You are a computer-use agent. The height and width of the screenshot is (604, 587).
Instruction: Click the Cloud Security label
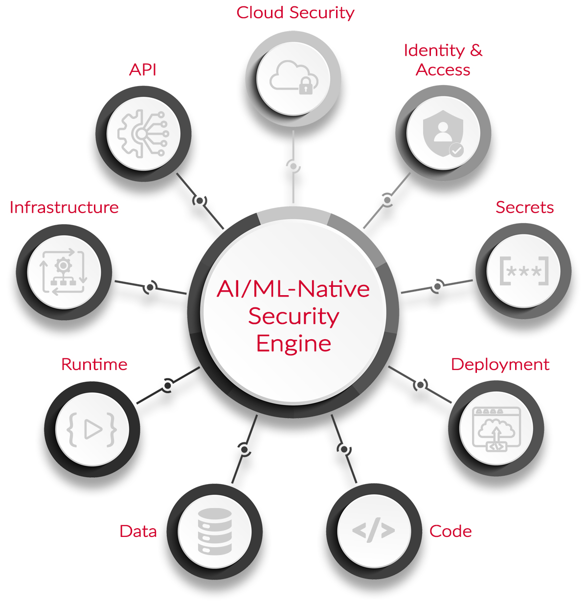click(x=295, y=13)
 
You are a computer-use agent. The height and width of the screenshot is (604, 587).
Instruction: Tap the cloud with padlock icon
click(x=293, y=77)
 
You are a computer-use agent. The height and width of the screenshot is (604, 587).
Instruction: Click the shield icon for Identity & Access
click(x=443, y=133)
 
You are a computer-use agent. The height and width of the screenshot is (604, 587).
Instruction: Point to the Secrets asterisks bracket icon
click(x=523, y=271)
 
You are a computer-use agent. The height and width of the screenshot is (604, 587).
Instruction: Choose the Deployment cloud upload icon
click(x=496, y=429)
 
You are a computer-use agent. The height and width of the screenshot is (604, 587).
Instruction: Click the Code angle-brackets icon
click(x=374, y=531)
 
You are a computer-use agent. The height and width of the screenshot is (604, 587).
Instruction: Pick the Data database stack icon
click(x=215, y=531)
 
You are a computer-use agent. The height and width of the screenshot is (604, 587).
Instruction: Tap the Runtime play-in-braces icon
click(x=92, y=429)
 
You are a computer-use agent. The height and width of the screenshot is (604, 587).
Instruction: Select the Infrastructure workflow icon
click(x=64, y=272)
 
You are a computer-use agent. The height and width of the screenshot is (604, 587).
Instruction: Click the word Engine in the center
click(x=293, y=344)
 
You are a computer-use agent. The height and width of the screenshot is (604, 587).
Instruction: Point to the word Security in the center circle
click(x=293, y=316)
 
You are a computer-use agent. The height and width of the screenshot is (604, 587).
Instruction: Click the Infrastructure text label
click(x=64, y=208)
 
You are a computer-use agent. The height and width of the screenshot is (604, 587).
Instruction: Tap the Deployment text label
click(x=500, y=365)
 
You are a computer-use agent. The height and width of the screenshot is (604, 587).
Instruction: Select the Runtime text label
click(x=94, y=365)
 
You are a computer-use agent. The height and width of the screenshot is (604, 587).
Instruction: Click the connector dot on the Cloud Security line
click(x=293, y=166)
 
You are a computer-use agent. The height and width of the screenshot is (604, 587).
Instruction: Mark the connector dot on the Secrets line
click(x=437, y=286)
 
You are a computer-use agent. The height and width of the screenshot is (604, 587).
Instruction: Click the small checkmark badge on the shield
click(x=456, y=150)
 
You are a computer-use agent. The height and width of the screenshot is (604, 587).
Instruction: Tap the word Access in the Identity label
click(x=443, y=70)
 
